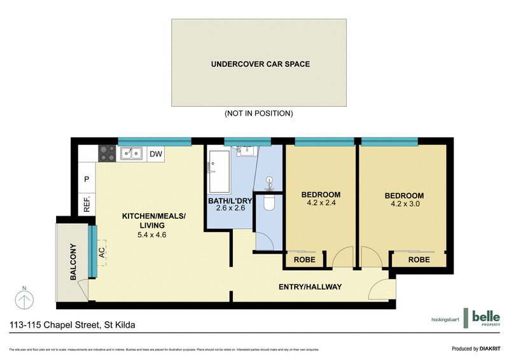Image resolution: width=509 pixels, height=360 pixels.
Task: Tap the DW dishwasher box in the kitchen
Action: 155,153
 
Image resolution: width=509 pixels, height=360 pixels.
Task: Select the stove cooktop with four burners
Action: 108,153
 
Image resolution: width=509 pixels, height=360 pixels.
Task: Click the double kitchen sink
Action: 132,153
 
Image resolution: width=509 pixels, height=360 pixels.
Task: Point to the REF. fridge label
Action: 87,204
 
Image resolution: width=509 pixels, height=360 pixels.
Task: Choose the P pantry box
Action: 87,180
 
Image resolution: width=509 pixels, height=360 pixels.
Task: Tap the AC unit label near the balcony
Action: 102,252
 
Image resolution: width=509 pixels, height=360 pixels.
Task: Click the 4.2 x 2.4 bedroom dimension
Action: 321,204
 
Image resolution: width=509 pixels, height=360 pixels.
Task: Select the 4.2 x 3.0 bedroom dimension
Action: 404,204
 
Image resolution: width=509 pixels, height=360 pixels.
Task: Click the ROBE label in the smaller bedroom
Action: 303,260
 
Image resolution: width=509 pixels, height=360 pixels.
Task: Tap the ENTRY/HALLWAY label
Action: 310,287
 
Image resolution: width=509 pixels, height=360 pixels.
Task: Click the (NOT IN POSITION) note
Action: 258,113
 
